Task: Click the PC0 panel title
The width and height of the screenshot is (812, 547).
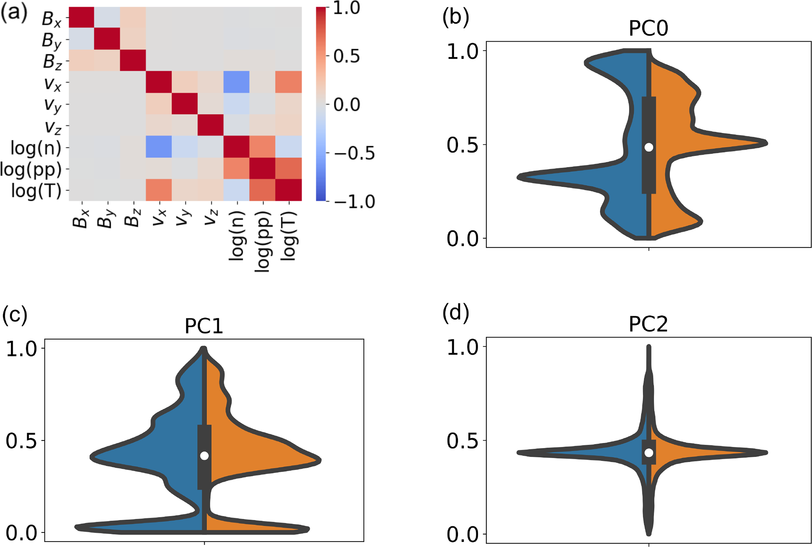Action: pos(648,29)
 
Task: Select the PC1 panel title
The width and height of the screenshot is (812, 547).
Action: pos(204,326)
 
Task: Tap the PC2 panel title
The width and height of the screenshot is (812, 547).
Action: pos(648,325)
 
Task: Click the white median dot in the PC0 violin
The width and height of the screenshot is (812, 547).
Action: pos(649,147)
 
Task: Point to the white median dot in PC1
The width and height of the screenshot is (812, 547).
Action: pos(204,456)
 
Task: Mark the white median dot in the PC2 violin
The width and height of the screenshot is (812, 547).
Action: pos(649,453)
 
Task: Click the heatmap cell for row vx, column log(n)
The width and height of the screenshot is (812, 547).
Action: pos(237,82)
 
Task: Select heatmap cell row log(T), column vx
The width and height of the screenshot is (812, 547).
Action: pos(159,190)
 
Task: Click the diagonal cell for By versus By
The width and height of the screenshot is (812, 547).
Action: pos(107,39)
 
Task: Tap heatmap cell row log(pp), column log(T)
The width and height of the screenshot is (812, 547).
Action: pos(289,169)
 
